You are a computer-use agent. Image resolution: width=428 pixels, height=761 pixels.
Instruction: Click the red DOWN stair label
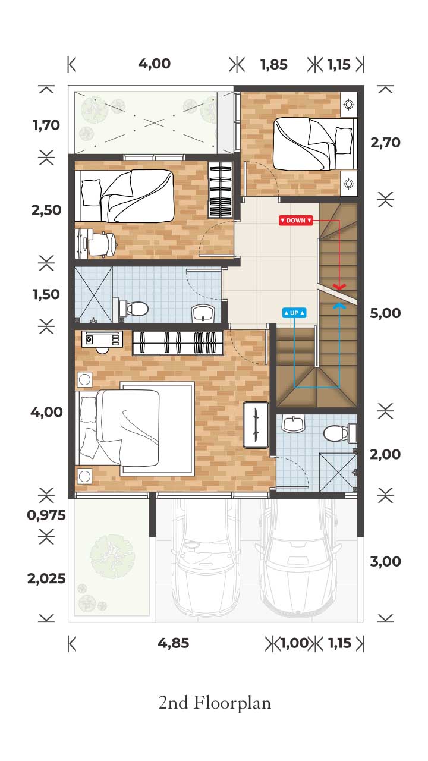295,220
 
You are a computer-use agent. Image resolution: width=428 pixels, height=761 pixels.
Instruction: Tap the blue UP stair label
294,313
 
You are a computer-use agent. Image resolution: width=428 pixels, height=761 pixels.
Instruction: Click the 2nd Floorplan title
215,703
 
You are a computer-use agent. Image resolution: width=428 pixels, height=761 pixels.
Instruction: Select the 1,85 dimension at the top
274,65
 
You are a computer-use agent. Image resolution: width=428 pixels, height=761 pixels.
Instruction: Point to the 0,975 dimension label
46,515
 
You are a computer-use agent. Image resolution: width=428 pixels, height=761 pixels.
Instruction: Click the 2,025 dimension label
46,578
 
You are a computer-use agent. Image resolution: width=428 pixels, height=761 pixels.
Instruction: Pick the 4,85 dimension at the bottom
173,643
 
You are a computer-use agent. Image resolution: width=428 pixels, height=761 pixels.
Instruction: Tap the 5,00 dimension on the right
385,313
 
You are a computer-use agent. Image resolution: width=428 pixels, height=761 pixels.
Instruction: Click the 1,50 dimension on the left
46,294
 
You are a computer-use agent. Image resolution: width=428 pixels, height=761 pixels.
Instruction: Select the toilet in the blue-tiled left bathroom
134,309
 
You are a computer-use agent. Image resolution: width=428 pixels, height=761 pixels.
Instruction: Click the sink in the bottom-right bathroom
294,423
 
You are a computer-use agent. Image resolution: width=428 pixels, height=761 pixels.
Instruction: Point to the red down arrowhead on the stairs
339,287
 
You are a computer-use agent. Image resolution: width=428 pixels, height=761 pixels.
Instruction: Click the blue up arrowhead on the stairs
339,306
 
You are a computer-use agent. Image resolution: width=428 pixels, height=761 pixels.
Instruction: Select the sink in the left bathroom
203,313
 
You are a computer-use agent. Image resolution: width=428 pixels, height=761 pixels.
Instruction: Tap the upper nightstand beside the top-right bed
348,105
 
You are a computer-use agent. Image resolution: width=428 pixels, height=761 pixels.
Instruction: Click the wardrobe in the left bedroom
221,190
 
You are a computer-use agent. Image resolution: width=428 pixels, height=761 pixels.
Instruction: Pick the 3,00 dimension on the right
385,561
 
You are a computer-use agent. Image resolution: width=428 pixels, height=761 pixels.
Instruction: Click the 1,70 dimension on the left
46,125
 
